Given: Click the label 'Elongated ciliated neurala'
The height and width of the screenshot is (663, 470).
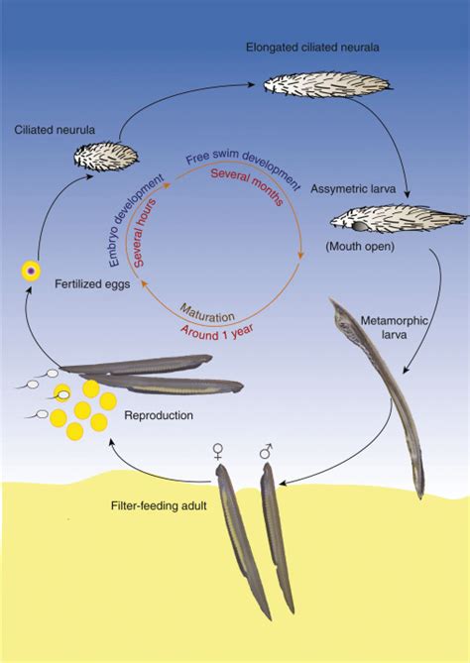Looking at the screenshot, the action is pyautogui.click(x=312, y=47).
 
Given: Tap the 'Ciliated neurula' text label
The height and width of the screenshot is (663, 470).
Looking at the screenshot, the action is pyautogui.click(x=55, y=130).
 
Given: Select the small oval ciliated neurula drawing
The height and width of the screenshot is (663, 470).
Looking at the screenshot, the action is pyautogui.click(x=106, y=157).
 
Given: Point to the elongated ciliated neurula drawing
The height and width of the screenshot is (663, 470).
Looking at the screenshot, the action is pyautogui.click(x=328, y=84).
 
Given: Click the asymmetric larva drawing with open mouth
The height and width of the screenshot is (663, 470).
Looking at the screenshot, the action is pyautogui.click(x=398, y=219).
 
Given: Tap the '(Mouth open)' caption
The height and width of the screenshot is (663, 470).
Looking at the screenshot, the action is pyautogui.click(x=360, y=246).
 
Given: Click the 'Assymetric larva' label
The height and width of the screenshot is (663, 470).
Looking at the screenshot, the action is pyautogui.click(x=353, y=188).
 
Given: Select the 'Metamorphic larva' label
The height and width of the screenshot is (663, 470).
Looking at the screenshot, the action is pyautogui.click(x=394, y=327).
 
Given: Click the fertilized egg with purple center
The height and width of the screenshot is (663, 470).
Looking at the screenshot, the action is pyautogui.click(x=31, y=271).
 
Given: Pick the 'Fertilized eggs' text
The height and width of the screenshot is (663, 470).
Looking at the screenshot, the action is pyautogui.click(x=92, y=283).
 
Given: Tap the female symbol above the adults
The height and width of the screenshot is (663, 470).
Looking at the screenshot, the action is pyautogui.click(x=218, y=452).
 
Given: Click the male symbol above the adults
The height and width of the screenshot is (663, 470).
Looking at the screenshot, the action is pyautogui.click(x=267, y=451).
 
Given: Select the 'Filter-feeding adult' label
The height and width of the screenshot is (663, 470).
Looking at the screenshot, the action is pyautogui.click(x=159, y=505).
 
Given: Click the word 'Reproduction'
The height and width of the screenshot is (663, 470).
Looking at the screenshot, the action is pyautogui.click(x=159, y=415).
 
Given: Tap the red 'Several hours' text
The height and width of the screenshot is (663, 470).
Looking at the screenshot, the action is pyautogui.click(x=144, y=232).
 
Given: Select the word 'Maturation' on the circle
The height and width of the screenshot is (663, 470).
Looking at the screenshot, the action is pyautogui.click(x=207, y=312).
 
